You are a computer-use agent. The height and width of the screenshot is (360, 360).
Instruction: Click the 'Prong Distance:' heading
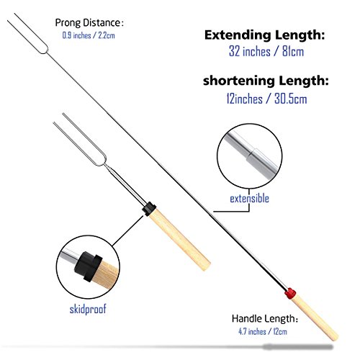click(x=89, y=23)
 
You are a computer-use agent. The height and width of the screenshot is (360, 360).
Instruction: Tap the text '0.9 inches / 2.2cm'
click(x=89, y=35)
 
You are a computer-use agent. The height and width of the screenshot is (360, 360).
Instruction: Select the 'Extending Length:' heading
click(x=264, y=35)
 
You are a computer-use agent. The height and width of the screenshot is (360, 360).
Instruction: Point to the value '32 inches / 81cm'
click(x=266, y=51)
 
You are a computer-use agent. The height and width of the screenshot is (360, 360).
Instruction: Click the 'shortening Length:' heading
click(x=266, y=81)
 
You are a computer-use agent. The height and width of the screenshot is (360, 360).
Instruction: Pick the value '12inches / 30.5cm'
click(x=266, y=99)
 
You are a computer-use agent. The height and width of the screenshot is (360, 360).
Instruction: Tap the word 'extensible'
click(x=249, y=199)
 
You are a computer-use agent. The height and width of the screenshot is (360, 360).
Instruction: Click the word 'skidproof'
click(x=88, y=309)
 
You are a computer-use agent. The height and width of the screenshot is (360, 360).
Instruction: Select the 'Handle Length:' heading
click(x=265, y=319)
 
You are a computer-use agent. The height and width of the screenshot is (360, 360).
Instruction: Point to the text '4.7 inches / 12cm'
click(x=263, y=332)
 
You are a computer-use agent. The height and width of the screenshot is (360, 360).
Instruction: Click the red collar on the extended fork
click(x=290, y=293)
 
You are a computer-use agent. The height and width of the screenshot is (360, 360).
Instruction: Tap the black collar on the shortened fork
click(x=149, y=209)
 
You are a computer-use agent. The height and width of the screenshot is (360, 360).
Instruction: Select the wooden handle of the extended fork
click(x=315, y=318)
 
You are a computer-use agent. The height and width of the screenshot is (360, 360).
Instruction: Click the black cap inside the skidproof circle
click(x=89, y=266)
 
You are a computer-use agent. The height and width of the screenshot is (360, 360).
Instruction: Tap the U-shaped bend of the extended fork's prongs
click(x=45, y=50)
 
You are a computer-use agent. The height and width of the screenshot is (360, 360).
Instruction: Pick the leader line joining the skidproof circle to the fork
click(x=127, y=230)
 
